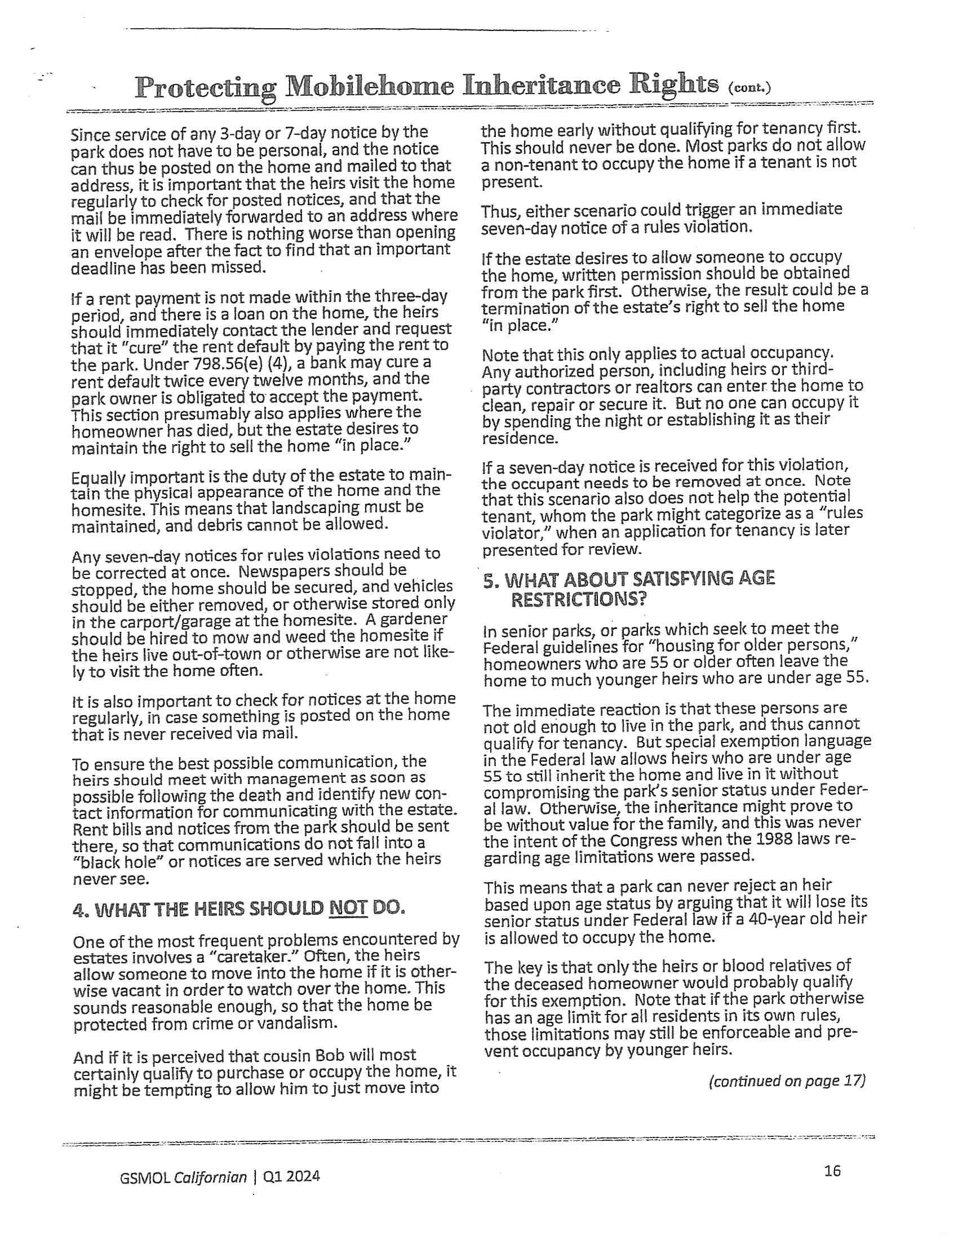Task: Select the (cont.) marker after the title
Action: (x=748, y=88)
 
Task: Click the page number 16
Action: (x=832, y=1171)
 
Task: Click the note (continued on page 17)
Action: (x=787, y=1080)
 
